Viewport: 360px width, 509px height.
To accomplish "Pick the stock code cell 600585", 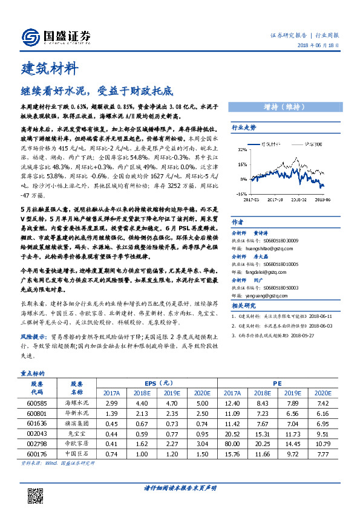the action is (x=37, y=402).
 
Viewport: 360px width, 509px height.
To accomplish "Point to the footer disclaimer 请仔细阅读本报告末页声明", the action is (x=180, y=488).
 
